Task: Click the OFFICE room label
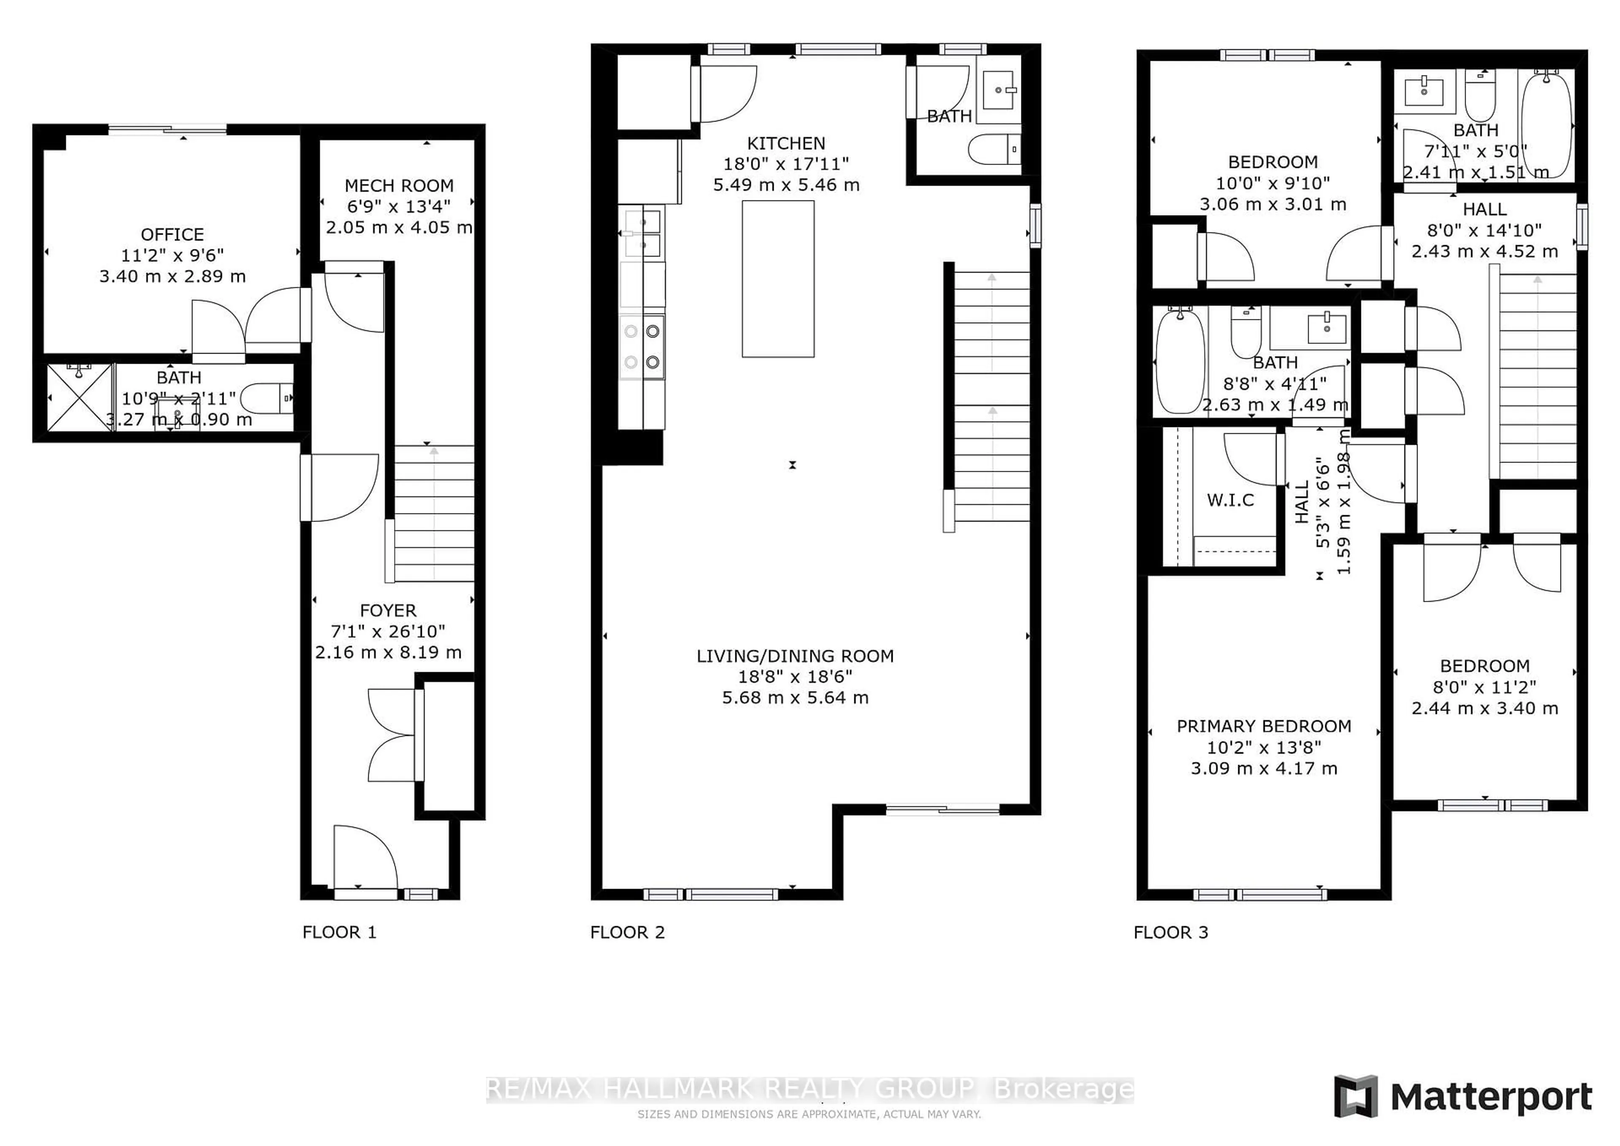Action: click(172, 234)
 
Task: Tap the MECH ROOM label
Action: click(399, 186)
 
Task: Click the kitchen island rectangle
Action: click(778, 279)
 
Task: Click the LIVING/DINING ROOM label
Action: click(794, 656)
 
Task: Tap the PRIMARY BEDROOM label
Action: click(1264, 726)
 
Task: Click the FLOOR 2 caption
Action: click(627, 932)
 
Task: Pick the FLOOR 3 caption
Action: click(1171, 932)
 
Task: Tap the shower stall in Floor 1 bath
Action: click(79, 397)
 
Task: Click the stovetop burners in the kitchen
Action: click(641, 346)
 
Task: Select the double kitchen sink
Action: click(641, 233)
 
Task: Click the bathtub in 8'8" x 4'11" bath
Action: click(1180, 361)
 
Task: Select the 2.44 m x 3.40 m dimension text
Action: click(1485, 708)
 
